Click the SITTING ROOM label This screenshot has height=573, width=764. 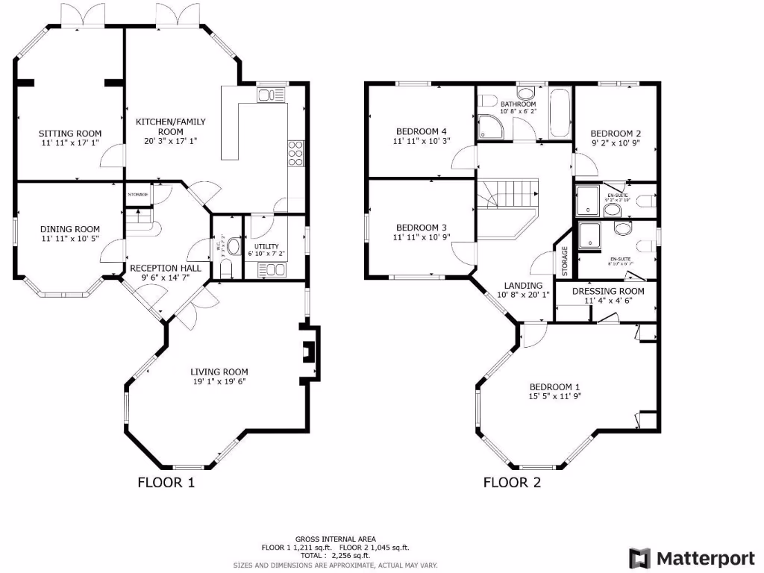pos(70,134)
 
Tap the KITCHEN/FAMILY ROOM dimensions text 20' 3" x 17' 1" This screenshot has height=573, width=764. pos(170,140)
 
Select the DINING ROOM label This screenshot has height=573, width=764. pos(69,229)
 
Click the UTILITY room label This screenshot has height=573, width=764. pos(266,246)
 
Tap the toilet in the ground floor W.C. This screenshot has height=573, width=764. pos(233,245)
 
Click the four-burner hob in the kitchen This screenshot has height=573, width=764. pos(295,151)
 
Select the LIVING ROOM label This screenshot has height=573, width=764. pos(219,372)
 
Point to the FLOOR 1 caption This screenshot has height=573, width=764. pos(166,483)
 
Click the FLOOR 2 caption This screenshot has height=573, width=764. pos(512,483)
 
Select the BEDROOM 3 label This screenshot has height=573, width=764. pos(422,228)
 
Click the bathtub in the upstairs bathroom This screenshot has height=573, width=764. pos(560,113)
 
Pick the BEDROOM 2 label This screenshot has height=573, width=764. pos(616,134)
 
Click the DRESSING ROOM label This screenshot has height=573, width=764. pos(608,291)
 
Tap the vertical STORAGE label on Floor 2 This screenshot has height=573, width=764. pos(565,261)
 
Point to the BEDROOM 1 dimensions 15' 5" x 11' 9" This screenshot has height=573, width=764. pos(554,396)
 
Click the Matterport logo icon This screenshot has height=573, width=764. pos(640,558)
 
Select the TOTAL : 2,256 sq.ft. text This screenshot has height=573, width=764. pos(335,556)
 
